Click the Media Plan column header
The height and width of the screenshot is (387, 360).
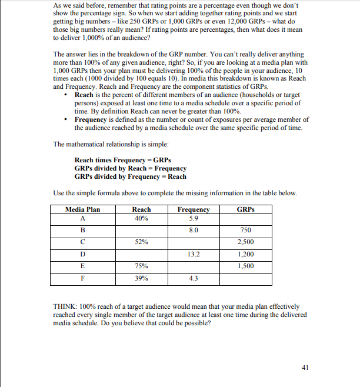(82, 209)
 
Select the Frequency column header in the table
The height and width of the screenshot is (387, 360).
(193, 209)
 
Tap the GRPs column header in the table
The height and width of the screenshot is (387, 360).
(245, 209)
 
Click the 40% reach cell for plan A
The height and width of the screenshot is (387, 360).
(141, 218)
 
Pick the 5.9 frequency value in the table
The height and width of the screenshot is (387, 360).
(193, 218)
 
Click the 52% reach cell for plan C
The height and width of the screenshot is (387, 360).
(141, 242)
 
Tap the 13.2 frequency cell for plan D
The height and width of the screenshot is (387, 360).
(193, 254)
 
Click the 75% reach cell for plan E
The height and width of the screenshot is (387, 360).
(141, 266)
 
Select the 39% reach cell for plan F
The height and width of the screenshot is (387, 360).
(141, 278)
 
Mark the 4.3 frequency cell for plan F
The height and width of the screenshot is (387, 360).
(193, 278)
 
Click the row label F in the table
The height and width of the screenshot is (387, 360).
(82, 278)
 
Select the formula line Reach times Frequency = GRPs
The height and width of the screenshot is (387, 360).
(122, 160)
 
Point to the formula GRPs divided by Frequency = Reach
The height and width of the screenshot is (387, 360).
(131, 176)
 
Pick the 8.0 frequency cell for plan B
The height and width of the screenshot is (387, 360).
(193, 230)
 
